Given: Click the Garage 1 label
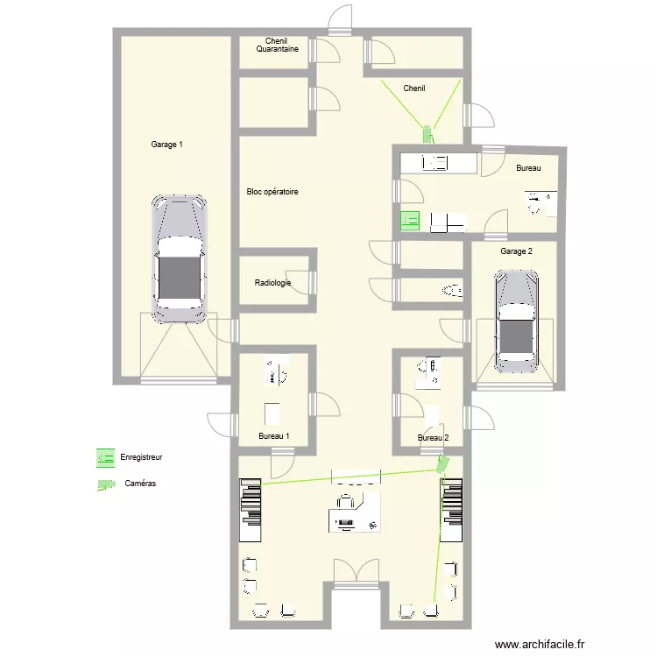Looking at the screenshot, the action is [166, 145].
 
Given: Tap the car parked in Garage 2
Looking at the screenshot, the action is [516, 321].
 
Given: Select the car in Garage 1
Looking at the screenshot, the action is [180, 259].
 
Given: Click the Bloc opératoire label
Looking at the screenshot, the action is [272, 192].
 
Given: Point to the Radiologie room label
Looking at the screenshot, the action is [272, 283].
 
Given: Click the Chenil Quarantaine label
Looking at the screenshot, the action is [277, 45].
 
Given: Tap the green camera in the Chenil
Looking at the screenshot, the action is [428, 134].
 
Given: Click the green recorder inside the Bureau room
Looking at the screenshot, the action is [410, 221].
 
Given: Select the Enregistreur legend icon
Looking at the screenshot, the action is [106, 458].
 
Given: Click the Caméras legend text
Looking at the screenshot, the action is [140, 483].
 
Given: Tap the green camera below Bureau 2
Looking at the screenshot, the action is [442, 463].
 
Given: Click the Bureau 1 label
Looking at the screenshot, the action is [274, 435].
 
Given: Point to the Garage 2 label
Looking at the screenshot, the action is [516, 251].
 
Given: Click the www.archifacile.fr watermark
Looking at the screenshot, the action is [540, 644].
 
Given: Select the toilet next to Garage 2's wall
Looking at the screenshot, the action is [452, 290].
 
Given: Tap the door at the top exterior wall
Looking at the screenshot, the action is [340, 20].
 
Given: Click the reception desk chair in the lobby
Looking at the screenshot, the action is [345, 501].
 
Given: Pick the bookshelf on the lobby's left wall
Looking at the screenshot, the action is [251, 510].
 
